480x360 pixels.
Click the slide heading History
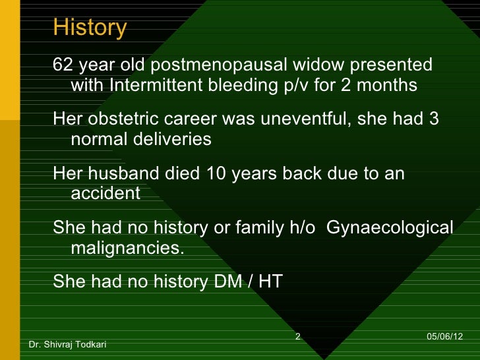90,28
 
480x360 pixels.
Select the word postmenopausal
215,66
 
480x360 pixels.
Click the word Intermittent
157,86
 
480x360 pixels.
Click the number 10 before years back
216,174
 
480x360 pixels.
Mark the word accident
105,194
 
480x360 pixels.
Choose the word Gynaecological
390,228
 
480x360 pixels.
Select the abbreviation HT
270,282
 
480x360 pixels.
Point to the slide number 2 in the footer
297,337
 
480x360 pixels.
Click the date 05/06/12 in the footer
444,337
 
